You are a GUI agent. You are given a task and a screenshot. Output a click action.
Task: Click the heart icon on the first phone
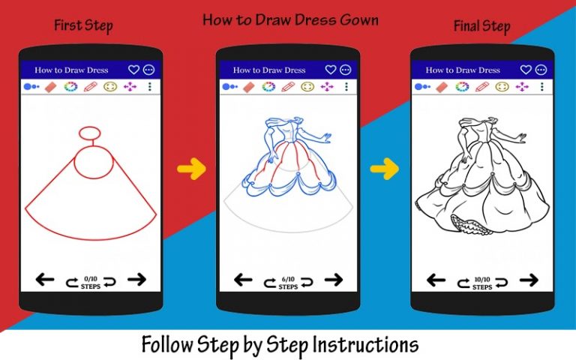pyautogui.click(x=133, y=70)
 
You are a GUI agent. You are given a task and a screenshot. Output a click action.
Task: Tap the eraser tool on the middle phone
pyautogui.click(x=249, y=87)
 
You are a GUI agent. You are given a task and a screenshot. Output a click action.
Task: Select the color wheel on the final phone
pyautogui.click(x=462, y=87)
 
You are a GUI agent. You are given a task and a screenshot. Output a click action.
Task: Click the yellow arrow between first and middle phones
pyautogui.click(x=191, y=169)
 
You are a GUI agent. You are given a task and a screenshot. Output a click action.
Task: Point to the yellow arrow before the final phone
pyautogui.click(x=384, y=169)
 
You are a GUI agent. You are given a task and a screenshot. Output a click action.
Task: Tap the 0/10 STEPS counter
pyautogui.click(x=91, y=283)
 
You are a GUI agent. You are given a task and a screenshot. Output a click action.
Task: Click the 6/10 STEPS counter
pyautogui.click(x=288, y=283)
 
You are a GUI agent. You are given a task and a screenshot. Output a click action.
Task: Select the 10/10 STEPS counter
pyautogui.click(x=482, y=283)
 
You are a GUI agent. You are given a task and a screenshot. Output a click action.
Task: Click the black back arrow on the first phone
pyautogui.click(x=45, y=280)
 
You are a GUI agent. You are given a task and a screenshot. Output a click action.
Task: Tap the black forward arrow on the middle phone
pyautogui.click(x=334, y=280)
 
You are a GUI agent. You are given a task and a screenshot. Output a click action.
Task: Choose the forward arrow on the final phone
pyautogui.click(x=529, y=280)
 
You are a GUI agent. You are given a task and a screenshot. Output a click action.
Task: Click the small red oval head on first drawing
pyautogui.click(x=90, y=133)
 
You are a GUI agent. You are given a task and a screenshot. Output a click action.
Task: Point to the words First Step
pyautogui.click(x=83, y=25)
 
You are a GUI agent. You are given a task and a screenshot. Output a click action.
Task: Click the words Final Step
pyautogui.click(x=482, y=26)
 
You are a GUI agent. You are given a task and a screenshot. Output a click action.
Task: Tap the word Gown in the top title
pyautogui.click(x=359, y=19)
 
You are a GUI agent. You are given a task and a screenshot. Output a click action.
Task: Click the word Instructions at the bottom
pyautogui.click(x=365, y=344)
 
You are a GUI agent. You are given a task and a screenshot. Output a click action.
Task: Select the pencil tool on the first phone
pyautogui.click(x=90, y=87)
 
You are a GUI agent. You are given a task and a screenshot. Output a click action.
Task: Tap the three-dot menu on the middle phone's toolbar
pyautogui.click(x=346, y=87)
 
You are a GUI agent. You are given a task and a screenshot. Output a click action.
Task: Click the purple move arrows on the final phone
pyautogui.click(x=522, y=87)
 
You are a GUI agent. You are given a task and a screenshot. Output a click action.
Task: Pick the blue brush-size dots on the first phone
pyautogui.click(x=31, y=87)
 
